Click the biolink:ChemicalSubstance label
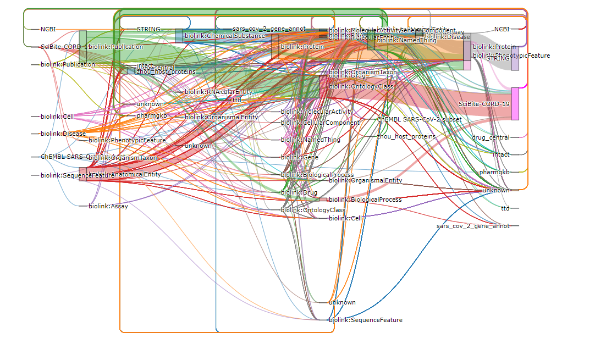click(x=224, y=36)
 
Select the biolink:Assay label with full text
click(x=108, y=206)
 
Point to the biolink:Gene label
click(x=299, y=157)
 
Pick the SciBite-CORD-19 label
click(x=484, y=104)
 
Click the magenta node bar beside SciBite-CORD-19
click(x=515, y=103)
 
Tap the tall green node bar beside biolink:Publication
click(x=82, y=47)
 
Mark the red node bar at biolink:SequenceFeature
click(x=82, y=174)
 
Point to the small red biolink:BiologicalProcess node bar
click(x=323, y=200)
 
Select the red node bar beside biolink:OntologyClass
click(x=323, y=86)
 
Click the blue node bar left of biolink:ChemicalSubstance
click(x=179, y=36)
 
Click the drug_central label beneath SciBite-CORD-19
click(x=491, y=137)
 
